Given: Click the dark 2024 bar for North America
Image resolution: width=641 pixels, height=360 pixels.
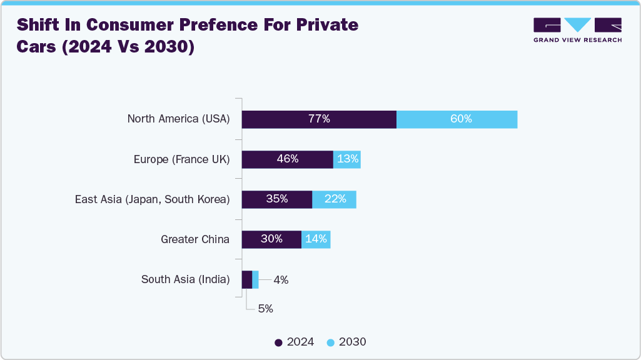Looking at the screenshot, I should pyautogui.click(x=319, y=119).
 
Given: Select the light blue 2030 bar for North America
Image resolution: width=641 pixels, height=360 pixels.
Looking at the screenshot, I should pyautogui.click(x=457, y=119).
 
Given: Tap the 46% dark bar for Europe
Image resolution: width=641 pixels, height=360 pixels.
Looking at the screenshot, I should pyautogui.click(x=287, y=159).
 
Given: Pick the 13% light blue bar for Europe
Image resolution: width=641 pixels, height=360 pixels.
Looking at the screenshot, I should pyautogui.click(x=347, y=159).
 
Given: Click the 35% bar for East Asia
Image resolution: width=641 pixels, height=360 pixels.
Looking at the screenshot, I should pyautogui.click(x=276, y=199).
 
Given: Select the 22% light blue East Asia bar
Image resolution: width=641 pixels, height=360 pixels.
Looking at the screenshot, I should pyautogui.click(x=334, y=199).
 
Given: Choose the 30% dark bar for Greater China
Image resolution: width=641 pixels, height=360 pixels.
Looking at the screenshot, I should pyautogui.click(x=271, y=239).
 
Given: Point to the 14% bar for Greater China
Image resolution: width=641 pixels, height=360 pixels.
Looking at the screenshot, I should pyautogui.click(x=316, y=239).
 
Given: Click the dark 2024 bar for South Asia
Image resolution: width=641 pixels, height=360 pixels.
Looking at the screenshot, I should pyautogui.click(x=246, y=279).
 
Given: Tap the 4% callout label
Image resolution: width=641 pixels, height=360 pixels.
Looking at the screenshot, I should pyautogui.click(x=281, y=280).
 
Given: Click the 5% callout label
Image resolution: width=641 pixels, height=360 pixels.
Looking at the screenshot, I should pyautogui.click(x=265, y=309).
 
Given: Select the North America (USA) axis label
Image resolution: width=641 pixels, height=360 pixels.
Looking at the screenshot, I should pyautogui.click(x=178, y=119).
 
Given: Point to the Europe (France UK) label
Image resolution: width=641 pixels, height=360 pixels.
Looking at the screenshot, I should pyautogui.click(x=181, y=159).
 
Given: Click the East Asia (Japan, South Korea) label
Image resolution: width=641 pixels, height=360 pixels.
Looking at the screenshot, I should pyautogui.click(x=152, y=199).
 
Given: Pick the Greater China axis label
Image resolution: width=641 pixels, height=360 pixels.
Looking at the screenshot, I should pyautogui.click(x=194, y=239).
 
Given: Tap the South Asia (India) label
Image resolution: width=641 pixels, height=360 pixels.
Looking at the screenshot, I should pyautogui.click(x=185, y=279).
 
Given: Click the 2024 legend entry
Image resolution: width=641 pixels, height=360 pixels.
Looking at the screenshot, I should pyautogui.click(x=295, y=342).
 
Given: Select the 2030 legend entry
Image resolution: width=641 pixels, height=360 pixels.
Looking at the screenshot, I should pyautogui.click(x=346, y=342).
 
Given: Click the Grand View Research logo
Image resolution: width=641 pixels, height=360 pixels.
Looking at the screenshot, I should pyautogui.click(x=577, y=29).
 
